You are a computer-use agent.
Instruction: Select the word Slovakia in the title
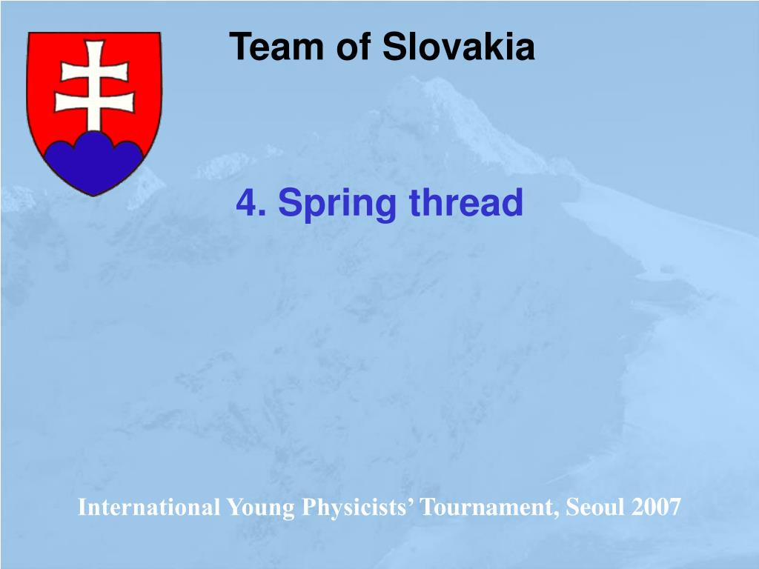click(458, 47)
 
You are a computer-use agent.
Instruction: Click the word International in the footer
click(149, 508)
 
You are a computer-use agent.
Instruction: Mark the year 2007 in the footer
click(656, 508)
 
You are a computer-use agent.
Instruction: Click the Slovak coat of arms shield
click(94, 111)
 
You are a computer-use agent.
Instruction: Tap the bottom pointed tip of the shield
click(94, 194)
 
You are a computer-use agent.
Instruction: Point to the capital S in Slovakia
click(393, 47)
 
